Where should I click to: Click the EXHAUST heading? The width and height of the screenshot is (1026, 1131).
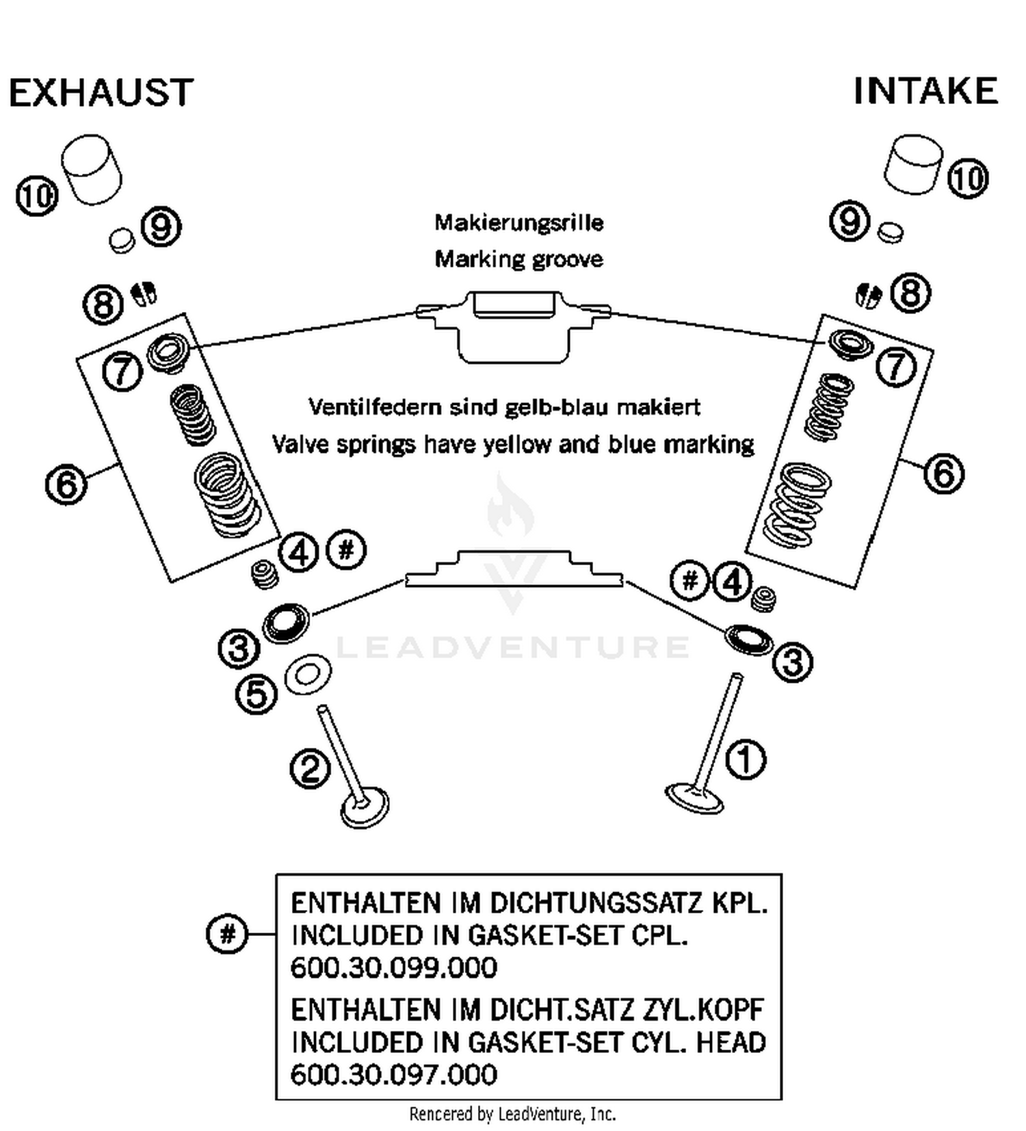[101, 93]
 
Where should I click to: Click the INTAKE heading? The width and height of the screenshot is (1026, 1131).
[925, 91]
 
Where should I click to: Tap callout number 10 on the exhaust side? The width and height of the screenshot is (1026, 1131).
[36, 196]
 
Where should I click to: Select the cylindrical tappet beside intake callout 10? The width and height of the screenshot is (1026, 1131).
[912, 164]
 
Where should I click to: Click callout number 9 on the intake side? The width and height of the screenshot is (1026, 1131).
[849, 221]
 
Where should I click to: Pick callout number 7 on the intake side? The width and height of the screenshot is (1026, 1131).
[896, 367]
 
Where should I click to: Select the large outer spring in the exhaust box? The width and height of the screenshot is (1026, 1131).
[226, 495]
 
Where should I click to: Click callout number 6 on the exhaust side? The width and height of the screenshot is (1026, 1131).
[66, 484]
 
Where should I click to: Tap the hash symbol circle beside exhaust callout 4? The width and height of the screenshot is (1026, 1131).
[346, 549]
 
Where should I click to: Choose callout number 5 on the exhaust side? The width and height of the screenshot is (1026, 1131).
[256, 695]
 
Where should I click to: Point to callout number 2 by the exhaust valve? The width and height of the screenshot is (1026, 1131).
[310, 769]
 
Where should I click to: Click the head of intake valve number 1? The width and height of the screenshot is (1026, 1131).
[694, 798]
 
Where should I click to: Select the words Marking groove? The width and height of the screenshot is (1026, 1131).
[518, 259]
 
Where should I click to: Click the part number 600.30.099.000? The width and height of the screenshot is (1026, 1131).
[393, 967]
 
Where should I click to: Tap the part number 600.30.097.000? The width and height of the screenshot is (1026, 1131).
[393, 1074]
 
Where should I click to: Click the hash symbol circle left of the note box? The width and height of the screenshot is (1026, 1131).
[226, 933]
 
